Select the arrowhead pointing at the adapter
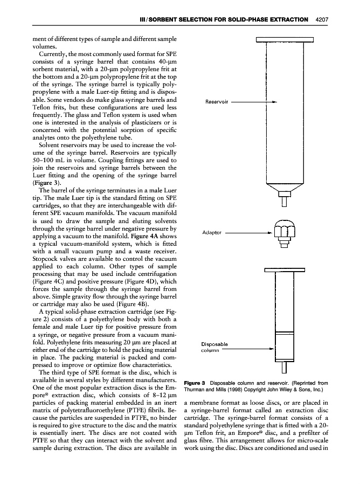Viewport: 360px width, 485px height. click(269, 233)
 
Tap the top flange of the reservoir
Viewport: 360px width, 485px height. click(285, 39)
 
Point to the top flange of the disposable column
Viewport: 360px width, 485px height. click(285, 270)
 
